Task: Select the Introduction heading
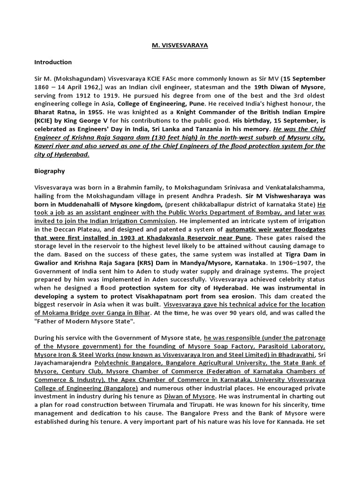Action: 53,62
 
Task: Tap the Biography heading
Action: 49,171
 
